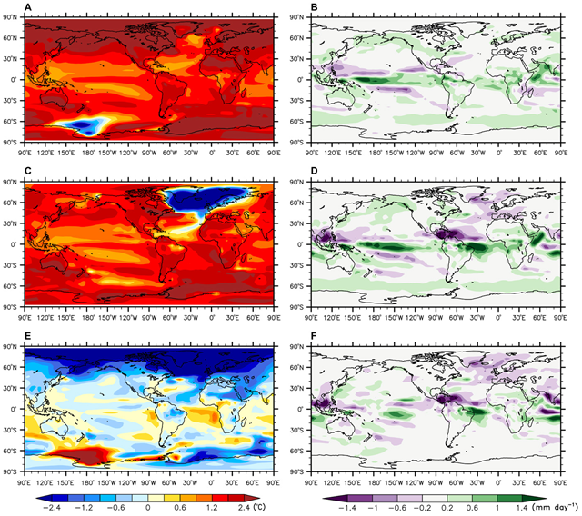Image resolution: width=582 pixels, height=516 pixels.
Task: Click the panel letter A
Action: coord(27,8)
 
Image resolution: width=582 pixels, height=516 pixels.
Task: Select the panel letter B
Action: coord(315,8)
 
